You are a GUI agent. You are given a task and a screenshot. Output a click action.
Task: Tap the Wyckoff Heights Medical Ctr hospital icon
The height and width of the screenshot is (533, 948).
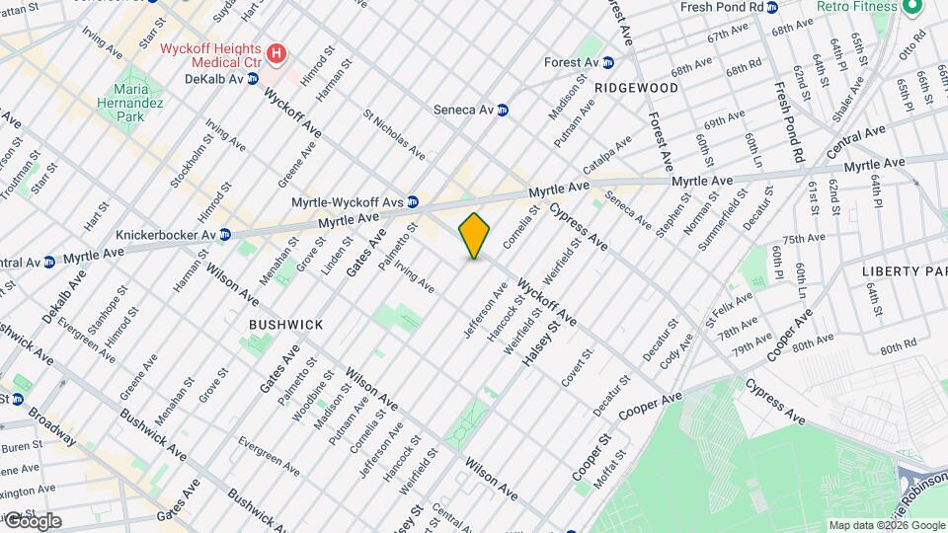(277, 52)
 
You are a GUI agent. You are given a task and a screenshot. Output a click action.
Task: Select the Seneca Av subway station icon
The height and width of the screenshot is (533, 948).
(503, 110)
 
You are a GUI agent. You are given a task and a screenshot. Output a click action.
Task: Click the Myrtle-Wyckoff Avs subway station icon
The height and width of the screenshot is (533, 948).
(413, 201)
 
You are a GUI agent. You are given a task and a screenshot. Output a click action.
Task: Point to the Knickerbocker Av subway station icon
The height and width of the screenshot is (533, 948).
(225, 235)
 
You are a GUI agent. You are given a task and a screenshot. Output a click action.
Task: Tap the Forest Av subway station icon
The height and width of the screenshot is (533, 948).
(608, 62)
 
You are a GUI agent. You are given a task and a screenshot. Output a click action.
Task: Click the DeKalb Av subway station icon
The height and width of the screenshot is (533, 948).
(253, 78)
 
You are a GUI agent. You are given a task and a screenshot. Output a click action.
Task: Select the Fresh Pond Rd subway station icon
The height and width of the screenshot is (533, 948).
(772, 7)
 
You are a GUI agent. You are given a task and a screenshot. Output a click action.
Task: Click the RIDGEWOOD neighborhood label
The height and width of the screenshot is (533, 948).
(637, 88)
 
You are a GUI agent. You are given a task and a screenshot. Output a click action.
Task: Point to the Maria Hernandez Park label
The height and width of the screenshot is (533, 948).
(123, 95)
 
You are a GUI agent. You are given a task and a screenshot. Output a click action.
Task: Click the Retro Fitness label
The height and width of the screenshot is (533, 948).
(856, 7)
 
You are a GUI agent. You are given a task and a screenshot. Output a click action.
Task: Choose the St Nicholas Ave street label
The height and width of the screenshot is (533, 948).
(395, 135)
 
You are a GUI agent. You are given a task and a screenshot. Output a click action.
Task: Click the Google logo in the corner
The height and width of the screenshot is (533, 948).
(33, 520)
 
